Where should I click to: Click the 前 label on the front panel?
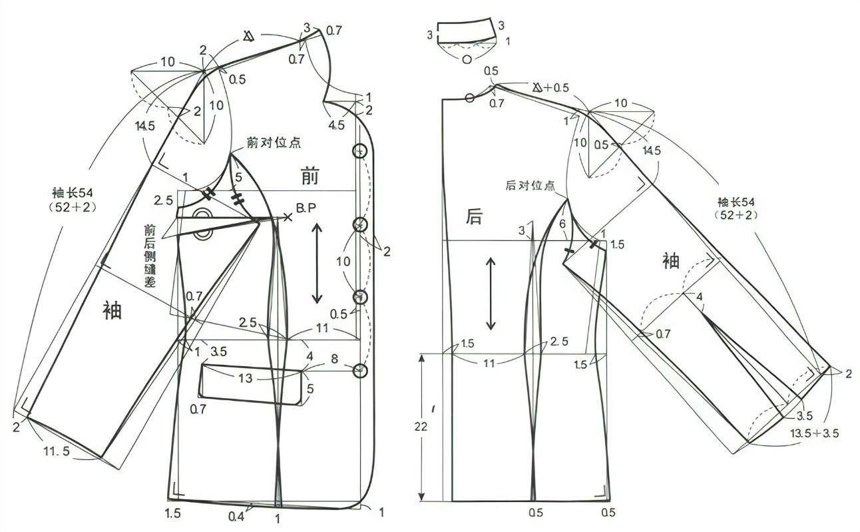tap(310, 177)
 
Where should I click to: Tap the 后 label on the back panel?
tap(474, 215)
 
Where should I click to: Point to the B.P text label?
tap(306, 208)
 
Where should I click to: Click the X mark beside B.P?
tap(288, 217)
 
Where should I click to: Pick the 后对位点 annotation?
tap(531, 186)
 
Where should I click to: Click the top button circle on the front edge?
tap(360, 150)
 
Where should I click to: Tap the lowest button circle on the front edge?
tap(360, 370)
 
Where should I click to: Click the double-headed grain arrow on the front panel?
tap(317, 264)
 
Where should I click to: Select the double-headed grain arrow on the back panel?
tap(491, 294)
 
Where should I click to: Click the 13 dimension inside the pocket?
tap(246, 378)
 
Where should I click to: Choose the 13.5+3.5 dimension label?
tap(813, 433)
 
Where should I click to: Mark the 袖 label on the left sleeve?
tap(112, 310)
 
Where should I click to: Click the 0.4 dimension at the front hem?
tap(235, 516)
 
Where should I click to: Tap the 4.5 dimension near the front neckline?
tap(336, 125)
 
